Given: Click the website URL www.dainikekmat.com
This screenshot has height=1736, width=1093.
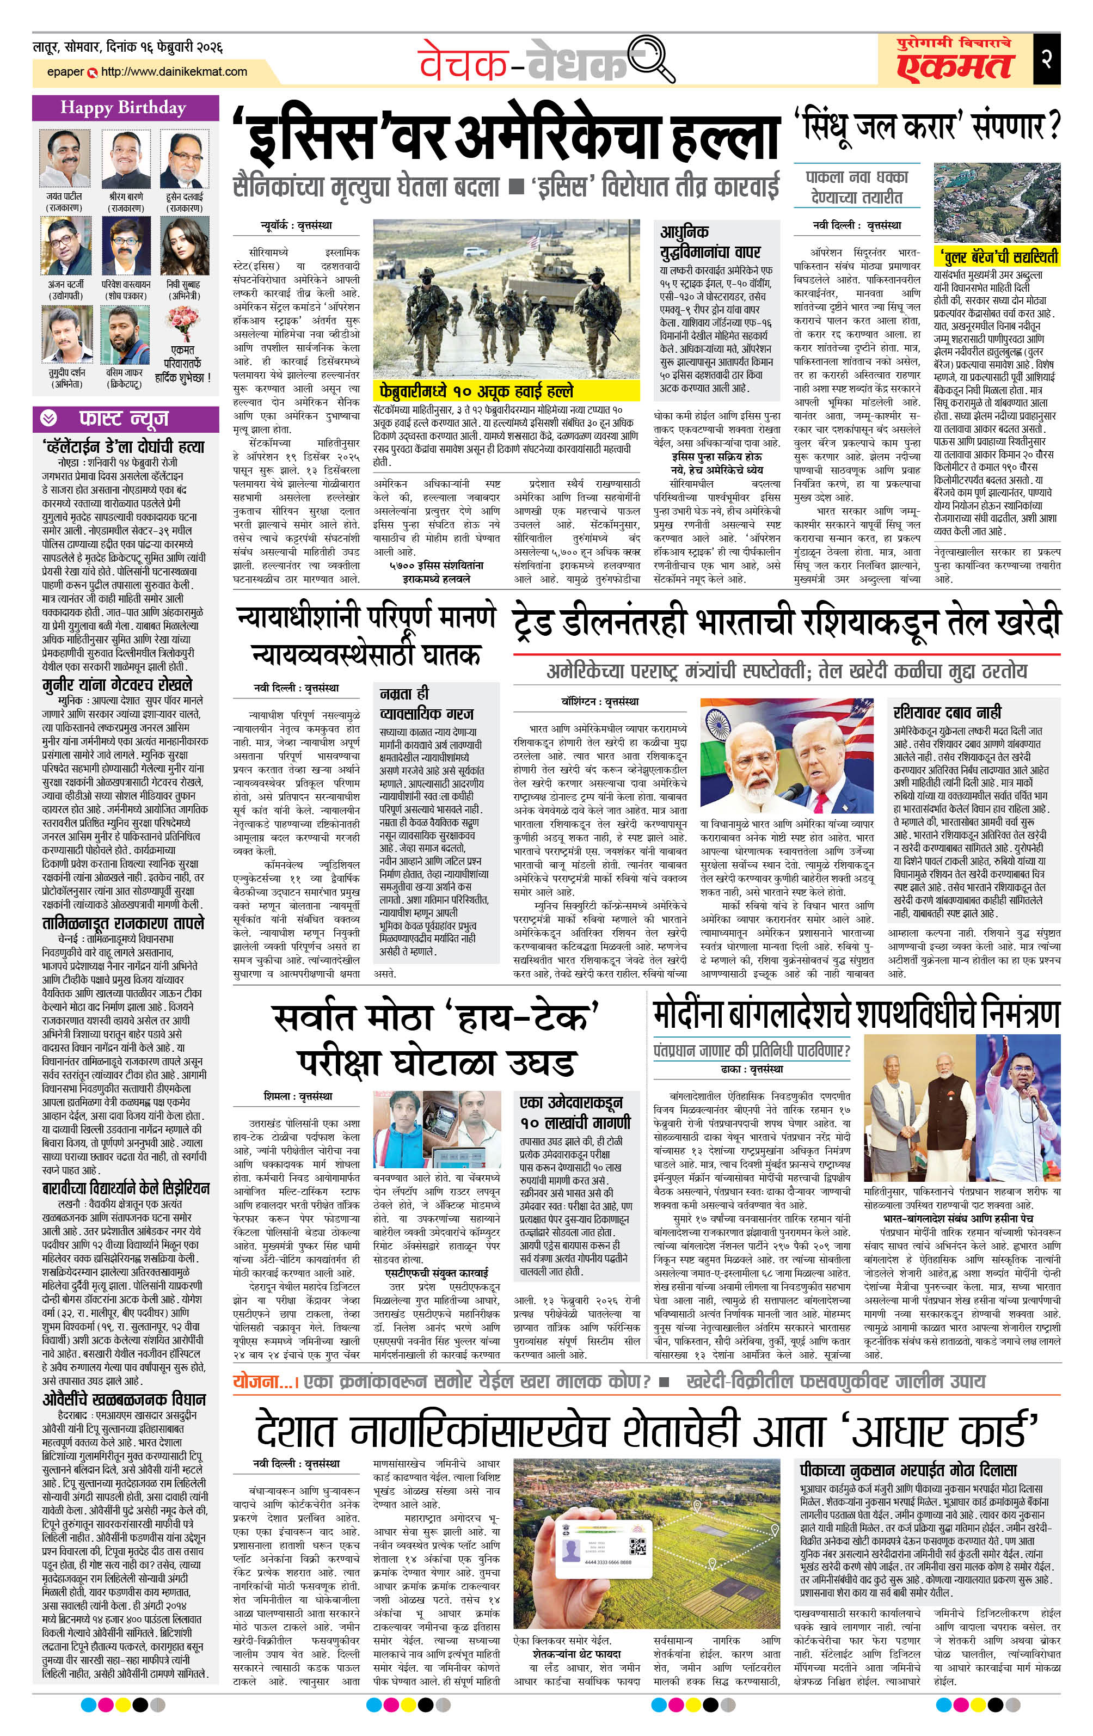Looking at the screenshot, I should [x=174, y=72].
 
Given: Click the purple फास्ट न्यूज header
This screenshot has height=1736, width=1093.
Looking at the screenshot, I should [x=124, y=419].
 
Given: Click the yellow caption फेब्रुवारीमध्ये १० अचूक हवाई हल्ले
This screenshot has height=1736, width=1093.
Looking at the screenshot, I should [x=476, y=391].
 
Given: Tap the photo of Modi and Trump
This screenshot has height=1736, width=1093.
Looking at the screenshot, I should [x=787, y=755].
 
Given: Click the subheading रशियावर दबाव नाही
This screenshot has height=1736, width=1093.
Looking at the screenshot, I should [x=947, y=712].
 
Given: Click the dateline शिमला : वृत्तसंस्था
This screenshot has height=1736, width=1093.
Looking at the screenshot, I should [x=298, y=1096].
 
